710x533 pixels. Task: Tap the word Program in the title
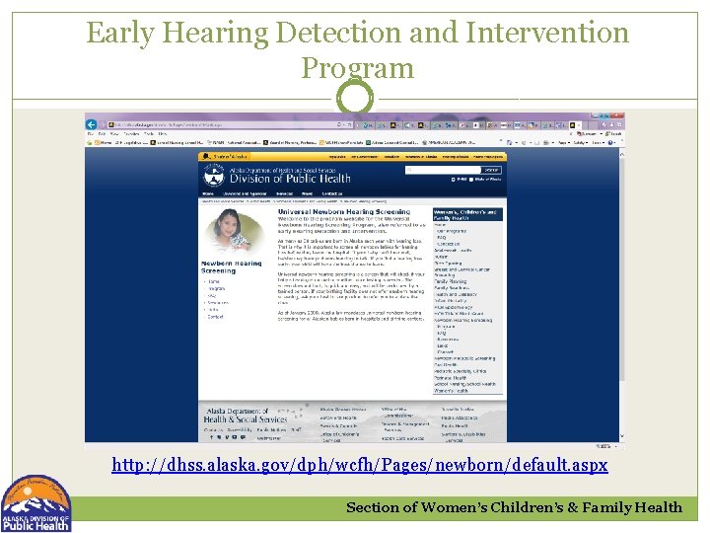[x=357, y=68]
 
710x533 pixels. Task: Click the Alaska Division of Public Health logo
[x=36, y=504]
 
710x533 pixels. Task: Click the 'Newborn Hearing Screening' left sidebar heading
[x=231, y=267]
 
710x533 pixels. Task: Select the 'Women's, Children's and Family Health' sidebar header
[x=467, y=215]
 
